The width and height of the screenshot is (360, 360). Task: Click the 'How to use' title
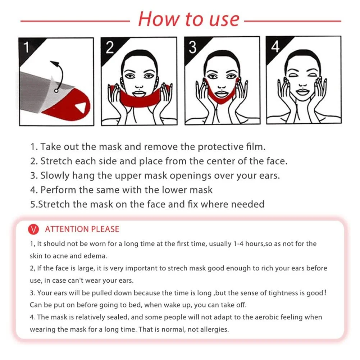coord(189,19)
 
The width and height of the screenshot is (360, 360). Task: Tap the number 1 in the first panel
coord(27,47)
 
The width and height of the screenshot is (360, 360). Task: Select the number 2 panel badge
coord(110,47)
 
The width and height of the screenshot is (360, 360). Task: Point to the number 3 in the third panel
coord(192,47)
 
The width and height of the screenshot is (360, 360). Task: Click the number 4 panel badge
coord(275,47)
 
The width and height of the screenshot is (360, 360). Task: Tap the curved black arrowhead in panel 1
coord(55,63)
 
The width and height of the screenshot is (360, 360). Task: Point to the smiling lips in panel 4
coord(303,92)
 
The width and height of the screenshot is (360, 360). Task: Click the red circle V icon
coord(33,229)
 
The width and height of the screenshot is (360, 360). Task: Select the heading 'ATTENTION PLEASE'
coord(82,229)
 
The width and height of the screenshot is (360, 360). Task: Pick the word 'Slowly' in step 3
coord(55,176)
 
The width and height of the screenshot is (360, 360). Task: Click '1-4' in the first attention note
coord(238,244)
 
